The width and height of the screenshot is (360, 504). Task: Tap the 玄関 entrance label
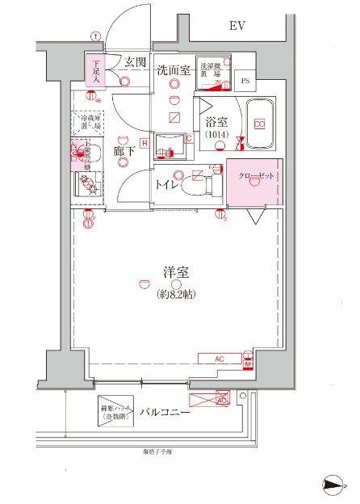(x=135, y=61)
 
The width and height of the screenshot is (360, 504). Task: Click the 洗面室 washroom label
(x=173, y=70)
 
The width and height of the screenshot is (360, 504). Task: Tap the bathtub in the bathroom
(x=260, y=124)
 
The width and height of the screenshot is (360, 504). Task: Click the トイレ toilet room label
(x=168, y=185)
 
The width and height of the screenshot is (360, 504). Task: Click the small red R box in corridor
(x=143, y=144)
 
